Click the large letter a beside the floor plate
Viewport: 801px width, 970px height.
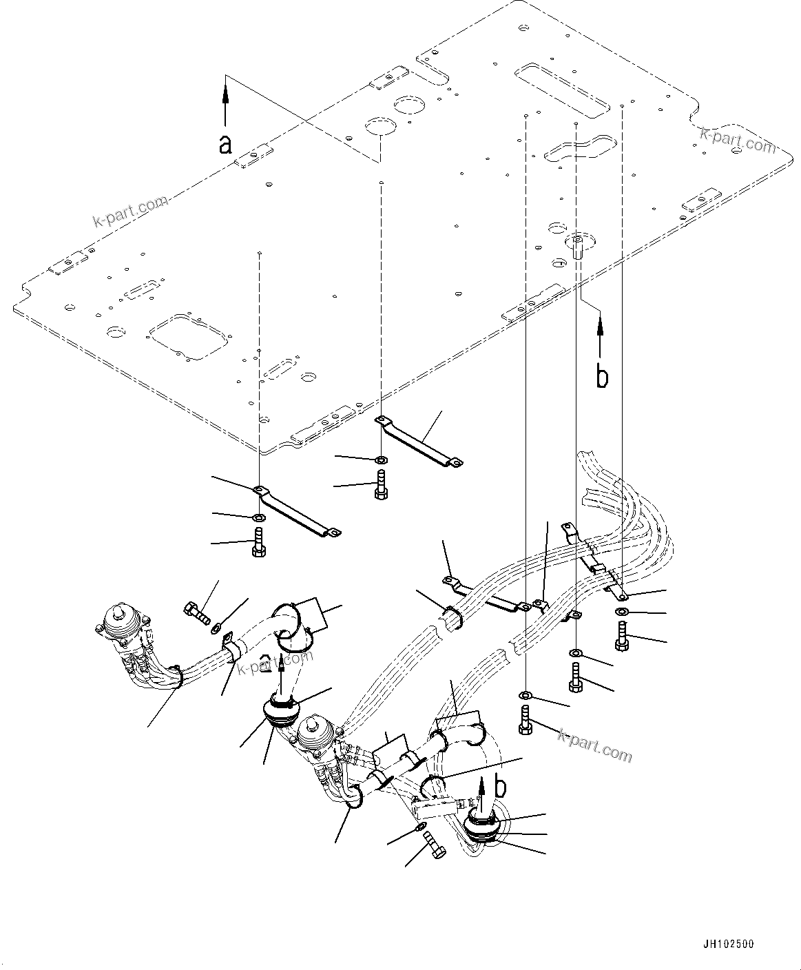225,145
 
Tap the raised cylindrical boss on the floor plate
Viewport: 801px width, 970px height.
576,245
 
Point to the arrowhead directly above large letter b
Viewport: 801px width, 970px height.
601,321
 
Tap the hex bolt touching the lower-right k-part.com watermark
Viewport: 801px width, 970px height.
526,722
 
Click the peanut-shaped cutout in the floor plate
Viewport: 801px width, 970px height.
577,148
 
